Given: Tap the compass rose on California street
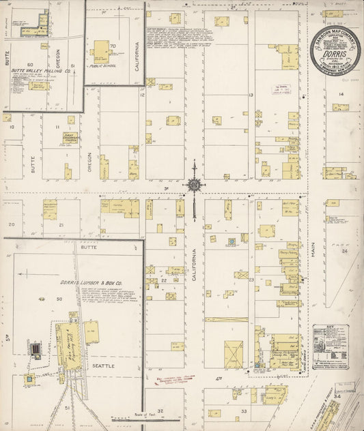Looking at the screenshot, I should click(195, 185).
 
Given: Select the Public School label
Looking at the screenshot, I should click(101, 68).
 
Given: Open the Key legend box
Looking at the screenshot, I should click(331, 346).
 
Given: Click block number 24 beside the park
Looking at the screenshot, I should click(345, 250).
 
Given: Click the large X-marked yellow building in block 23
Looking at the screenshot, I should click(234, 354).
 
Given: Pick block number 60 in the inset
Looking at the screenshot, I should click(30, 64).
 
